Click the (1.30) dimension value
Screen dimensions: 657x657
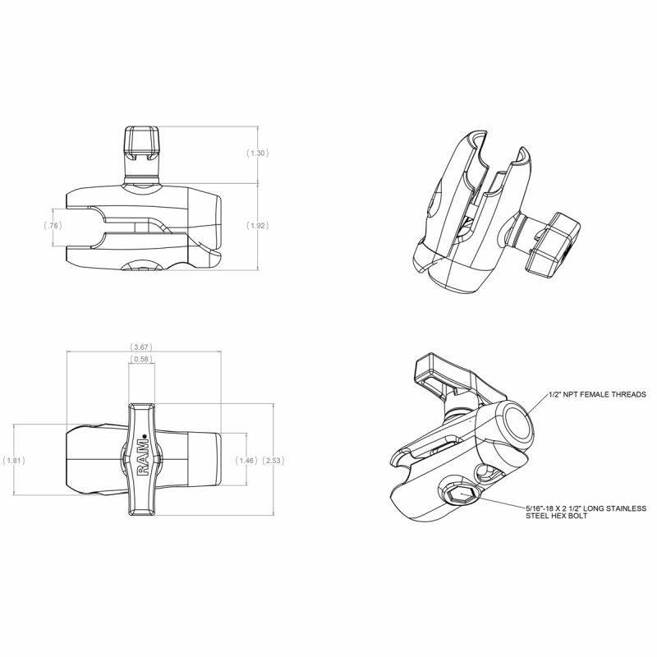click(x=258, y=154)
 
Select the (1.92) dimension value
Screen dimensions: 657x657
click(x=258, y=224)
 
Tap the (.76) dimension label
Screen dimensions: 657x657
click(x=53, y=224)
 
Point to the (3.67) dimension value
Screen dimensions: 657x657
click(x=142, y=347)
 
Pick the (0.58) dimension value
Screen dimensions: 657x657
click(x=142, y=360)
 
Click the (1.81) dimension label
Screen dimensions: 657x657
click(x=14, y=461)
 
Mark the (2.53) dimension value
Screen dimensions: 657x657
click(x=273, y=461)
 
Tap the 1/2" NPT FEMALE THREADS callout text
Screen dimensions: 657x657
click(x=597, y=394)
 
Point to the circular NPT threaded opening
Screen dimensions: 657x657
click(x=518, y=421)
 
